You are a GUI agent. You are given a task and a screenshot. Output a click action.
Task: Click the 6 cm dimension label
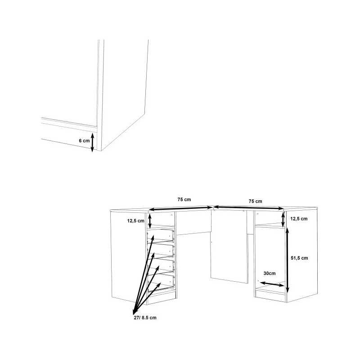[84, 141]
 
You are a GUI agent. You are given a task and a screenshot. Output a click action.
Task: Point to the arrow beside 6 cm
[92, 142]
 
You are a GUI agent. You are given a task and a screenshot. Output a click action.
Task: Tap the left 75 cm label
[184, 199]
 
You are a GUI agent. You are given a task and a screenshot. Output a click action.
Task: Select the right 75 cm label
[255, 201]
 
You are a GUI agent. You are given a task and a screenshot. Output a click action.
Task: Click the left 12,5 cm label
[136, 221]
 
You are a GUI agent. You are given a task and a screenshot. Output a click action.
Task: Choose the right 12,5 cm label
[299, 219]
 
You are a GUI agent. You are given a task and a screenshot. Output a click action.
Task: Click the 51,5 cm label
[299, 258]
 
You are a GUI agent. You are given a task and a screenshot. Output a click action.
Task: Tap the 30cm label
[270, 274]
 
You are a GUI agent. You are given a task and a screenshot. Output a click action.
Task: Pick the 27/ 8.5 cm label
[145, 318]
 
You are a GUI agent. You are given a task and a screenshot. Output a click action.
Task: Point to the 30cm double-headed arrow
[272, 284]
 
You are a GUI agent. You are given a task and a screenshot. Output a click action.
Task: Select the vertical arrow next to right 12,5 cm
[283, 219]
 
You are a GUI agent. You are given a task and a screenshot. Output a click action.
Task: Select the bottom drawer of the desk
[160, 283]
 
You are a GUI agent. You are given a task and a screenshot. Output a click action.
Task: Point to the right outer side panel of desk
[302, 255]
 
